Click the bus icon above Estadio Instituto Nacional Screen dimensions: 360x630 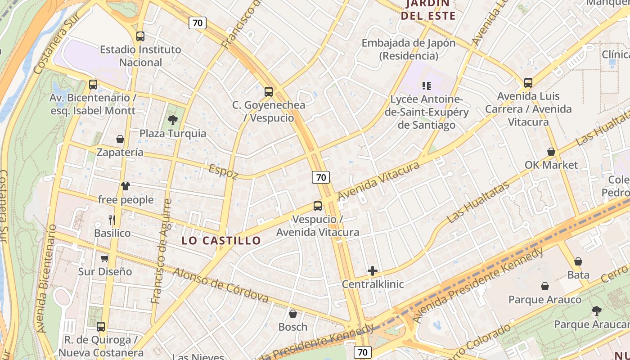tap(140, 36)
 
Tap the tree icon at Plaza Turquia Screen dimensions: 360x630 tap(172, 120)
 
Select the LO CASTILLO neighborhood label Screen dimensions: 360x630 tap(221, 240)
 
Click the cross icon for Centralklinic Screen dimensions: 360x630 tap(373, 271)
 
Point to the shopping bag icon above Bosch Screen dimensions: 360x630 tap(293, 314)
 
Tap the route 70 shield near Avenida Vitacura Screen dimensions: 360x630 tap(321, 177)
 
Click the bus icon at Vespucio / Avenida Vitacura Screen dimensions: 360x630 tap(318, 206)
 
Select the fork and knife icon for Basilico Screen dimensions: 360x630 tap(112, 220)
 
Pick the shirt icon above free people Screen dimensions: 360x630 tap(126, 186)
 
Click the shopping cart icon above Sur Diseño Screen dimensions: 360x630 tap(105, 258)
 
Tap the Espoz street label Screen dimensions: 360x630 tap(223, 171)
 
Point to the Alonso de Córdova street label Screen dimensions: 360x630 tap(220, 285)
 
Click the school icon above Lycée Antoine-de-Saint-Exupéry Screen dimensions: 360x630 tap(426, 85)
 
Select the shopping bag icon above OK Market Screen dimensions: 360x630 tap(551, 152)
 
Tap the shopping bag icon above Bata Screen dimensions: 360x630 tap(578, 261)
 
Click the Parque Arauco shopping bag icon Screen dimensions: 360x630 tap(545, 286)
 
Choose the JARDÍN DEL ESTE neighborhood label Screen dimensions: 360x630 tap(428, 10)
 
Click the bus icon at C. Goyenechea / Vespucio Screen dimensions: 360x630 tap(269, 92)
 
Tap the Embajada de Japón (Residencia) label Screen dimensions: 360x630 tap(409, 49)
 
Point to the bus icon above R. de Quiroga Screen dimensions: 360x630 tap(101, 327)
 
